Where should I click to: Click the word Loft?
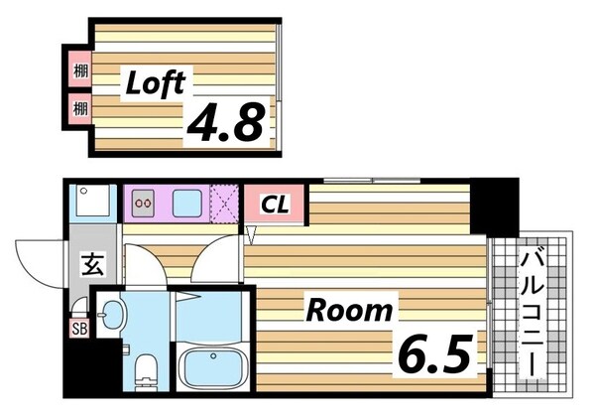156,83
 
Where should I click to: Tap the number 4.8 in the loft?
226,121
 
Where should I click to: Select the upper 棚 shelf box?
80,70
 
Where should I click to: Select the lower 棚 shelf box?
80,109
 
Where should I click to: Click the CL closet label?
275,205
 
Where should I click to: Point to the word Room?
349,311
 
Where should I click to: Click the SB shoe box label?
79,328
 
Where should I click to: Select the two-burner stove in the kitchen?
144,204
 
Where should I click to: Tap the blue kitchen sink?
187,204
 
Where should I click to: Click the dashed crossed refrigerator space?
225,204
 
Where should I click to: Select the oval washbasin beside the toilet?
114,315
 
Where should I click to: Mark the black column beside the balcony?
495,208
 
